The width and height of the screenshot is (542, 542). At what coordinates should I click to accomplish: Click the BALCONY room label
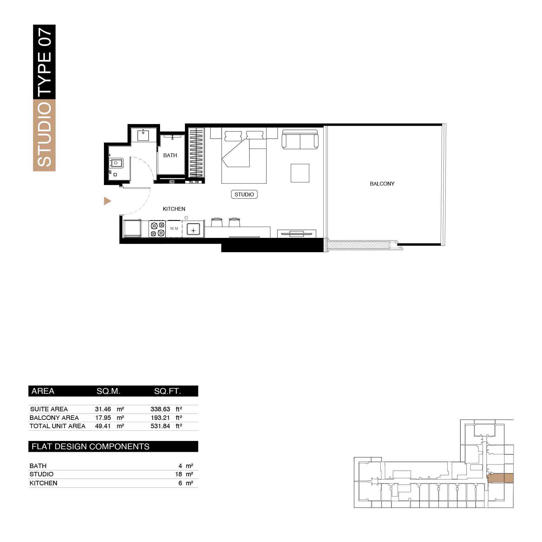(x=382, y=184)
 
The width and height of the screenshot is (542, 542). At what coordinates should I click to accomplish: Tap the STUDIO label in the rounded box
(x=244, y=194)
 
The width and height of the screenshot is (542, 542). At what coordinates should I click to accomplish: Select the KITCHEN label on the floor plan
(x=174, y=209)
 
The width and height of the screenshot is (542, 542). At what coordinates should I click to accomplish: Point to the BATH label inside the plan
(x=170, y=155)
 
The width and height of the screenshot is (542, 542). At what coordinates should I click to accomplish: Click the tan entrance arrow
(x=107, y=201)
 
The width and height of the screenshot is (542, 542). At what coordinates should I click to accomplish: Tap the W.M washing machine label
(x=174, y=229)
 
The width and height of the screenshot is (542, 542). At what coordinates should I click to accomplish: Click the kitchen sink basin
(x=193, y=229)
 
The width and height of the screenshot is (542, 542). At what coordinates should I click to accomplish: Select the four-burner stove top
(x=157, y=229)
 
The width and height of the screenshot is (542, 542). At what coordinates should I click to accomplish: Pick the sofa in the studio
(x=300, y=139)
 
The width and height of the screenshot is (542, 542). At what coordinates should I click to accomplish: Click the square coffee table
(x=300, y=173)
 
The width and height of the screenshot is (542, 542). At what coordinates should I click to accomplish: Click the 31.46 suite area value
(x=103, y=409)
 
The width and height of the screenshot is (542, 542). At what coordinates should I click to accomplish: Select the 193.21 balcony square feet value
(x=160, y=418)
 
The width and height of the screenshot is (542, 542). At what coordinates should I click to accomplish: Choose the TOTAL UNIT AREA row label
(x=57, y=426)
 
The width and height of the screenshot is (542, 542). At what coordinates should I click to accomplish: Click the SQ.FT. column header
(x=167, y=391)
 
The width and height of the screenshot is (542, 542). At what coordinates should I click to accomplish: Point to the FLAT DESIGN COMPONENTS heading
(x=91, y=446)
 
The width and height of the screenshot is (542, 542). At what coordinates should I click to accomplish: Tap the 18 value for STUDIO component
(x=179, y=474)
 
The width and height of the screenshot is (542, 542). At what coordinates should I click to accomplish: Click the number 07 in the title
(x=44, y=38)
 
